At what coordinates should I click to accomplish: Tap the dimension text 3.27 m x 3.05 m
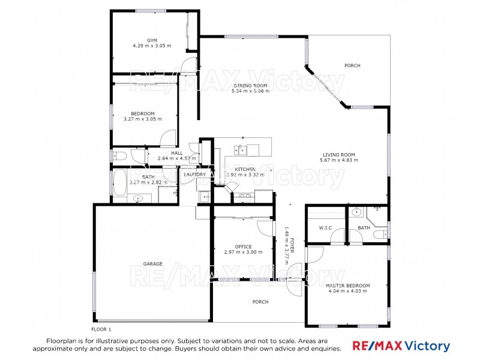pos(143,119)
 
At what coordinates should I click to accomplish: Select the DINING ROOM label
pos(251,86)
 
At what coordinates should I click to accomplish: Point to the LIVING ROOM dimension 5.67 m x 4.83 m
pos(339,160)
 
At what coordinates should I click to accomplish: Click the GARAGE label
pos(152,263)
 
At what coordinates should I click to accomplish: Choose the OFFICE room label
pos(243,247)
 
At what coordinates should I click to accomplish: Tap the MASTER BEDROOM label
pos(347,286)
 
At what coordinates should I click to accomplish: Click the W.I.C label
pos(326,228)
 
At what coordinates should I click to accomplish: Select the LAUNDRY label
pos(195,175)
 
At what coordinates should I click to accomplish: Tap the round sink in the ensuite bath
pos(356,211)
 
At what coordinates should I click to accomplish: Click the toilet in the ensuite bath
pos(379,235)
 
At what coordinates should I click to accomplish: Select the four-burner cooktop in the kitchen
pos(245,196)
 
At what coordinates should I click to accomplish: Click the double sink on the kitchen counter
pos(241,149)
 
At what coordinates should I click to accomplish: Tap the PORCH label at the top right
pos(352,65)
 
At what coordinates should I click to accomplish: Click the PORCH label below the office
pos(260,302)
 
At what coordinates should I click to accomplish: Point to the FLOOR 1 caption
pos(101,329)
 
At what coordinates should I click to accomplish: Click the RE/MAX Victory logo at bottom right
pos(400,346)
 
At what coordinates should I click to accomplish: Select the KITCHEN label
pos(245,170)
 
